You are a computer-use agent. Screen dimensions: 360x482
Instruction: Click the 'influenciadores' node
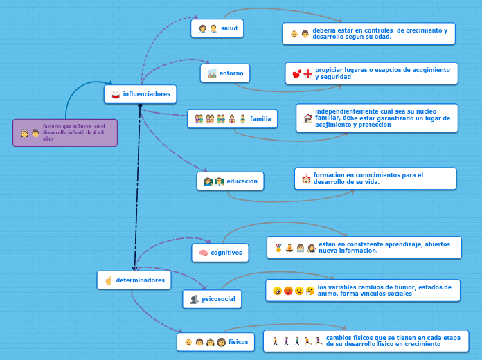point(141,94)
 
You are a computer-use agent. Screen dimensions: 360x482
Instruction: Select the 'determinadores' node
point(134,280)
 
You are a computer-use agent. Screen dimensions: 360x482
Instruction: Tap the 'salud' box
point(217,28)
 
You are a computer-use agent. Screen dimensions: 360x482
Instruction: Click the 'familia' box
point(232,119)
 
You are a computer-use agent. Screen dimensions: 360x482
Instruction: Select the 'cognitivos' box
point(220,253)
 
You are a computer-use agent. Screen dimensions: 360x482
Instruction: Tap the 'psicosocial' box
point(212,299)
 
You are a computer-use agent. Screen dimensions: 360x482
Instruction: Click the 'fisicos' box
point(215,342)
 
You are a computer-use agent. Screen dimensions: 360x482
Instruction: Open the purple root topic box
point(65,133)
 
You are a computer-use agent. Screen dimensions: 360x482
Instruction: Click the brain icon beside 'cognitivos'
point(203,253)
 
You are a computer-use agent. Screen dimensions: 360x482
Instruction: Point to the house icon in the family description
point(307,118)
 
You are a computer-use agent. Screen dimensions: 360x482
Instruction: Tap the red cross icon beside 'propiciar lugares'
point(308,73)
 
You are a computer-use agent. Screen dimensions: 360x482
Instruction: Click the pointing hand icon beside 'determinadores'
point(108,280)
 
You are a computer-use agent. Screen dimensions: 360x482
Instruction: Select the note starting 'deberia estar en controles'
point(368,33)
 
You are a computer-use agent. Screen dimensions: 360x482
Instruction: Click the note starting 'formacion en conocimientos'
point(375,179)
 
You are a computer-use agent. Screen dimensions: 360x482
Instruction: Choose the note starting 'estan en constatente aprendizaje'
point(364,247)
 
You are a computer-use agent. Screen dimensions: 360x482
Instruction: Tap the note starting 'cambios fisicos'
point(366,341)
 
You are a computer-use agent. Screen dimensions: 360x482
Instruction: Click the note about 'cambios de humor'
point(362,290)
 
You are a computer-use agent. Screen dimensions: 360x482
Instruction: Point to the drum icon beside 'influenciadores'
point(116,94)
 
